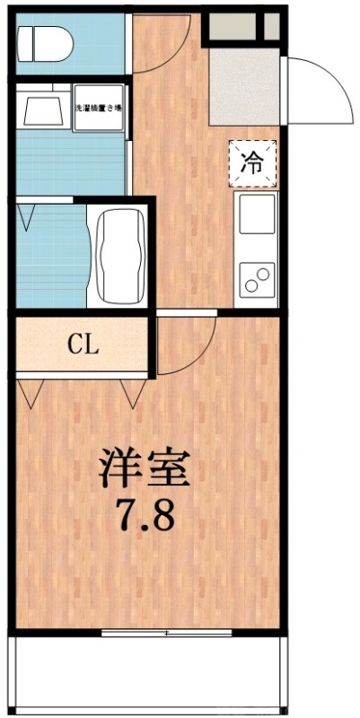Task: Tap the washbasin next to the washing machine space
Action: pos(40,109)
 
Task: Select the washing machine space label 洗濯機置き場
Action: pos(99,109)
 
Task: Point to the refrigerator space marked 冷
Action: pos(255,162)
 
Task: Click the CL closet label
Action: pos(82,343)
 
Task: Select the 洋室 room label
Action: pos(143,468)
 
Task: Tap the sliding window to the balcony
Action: pos(167,633)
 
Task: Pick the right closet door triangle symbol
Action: pos(135,392)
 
